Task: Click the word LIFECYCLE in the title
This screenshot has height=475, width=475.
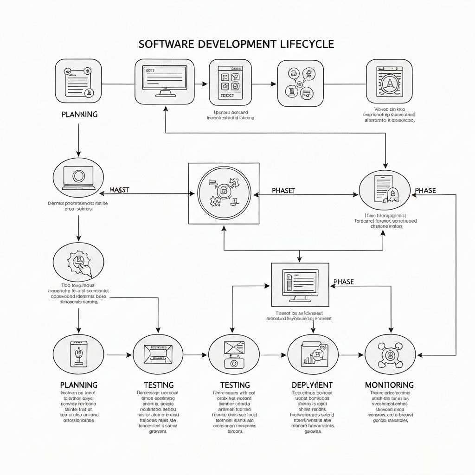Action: pyautogui.click(x=307, y=44)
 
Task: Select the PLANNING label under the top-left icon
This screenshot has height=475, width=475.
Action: pyautogui.click(x=79, y=114)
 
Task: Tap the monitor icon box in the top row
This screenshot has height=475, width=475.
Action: pyautogui.click(x=164, y=82)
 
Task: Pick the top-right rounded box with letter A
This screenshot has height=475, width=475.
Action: pyautogui.click(x=389, y=82)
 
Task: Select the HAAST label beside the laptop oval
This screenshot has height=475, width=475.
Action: pyautogui.click(x=119, y=190)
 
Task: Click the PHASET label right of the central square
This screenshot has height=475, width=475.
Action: pyautogui.click(x=283, y=191)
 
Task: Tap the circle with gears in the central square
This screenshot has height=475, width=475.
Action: pyautogui.click(x=224, y=193)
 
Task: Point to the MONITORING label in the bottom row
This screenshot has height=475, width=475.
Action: pyautogui.click(x=389, y=385)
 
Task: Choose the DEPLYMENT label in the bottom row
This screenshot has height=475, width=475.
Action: pyautogui.click(x=312, y=385)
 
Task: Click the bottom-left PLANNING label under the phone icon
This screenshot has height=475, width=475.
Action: pyautogui.click(x=79, y=385)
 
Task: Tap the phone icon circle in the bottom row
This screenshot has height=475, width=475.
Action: pyautogui.click(x=78, y=355)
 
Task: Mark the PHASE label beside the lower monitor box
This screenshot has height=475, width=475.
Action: pyautogui.click(x=344, y=282)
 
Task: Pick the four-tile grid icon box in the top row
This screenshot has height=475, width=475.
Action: pyautogui.click(x=231, y=82)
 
